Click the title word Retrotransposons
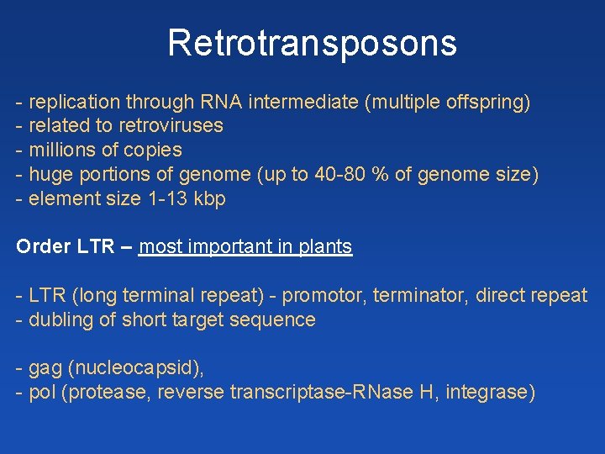(312, 43)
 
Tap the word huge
(49, 175)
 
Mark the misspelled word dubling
(58, 320)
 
